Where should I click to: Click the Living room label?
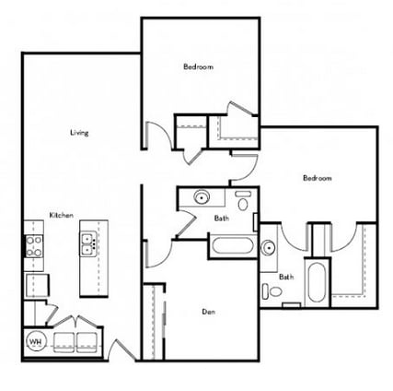tap(79, 134)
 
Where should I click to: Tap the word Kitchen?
tap(62, 215)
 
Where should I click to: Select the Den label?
tap(209, 311)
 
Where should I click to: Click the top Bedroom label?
tap(198, 67)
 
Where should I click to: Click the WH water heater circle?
tap(37, 341)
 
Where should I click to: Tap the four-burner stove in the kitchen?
tap(35, 244)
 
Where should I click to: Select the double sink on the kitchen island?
tap(89, 244)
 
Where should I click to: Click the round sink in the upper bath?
tap(201, 198)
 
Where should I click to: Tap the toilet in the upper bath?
tap(244, 200)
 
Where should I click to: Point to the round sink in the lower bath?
tap(268, 247)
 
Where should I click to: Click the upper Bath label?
tap(222, 219)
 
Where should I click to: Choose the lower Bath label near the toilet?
tap(286, 276)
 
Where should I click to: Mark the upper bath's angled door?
tap(184, 221)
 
